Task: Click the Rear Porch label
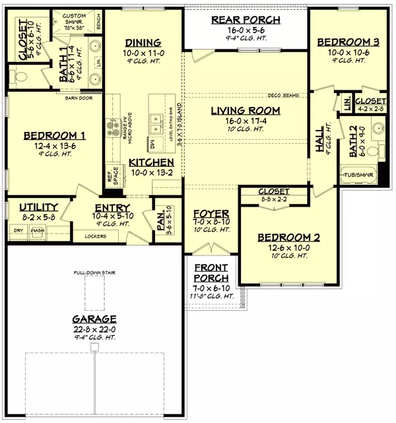pos(246,20)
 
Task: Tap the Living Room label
pos(246,110)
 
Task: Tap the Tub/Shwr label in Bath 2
pos(356,176)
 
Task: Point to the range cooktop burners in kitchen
pos(110,125)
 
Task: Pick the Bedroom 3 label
pos(343,42)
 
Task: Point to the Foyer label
pos(211,214)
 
